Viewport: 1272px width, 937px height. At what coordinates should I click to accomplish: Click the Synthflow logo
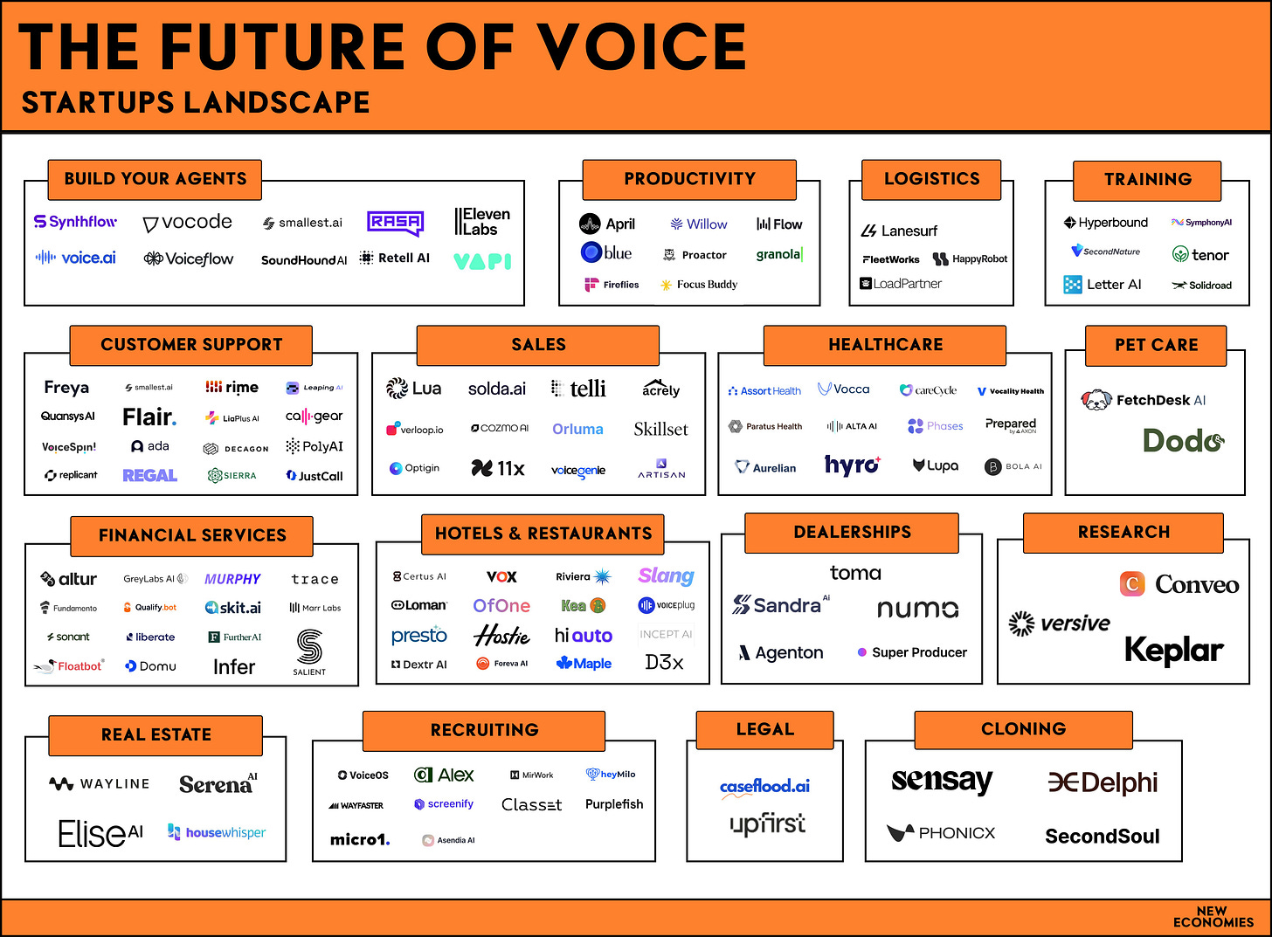click(75, 222)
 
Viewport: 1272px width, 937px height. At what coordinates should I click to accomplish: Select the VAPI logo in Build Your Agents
click(482, 260)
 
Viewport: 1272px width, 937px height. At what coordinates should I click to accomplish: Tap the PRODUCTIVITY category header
click(689, 179)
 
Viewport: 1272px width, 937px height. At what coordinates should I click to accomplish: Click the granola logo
click(779, 254)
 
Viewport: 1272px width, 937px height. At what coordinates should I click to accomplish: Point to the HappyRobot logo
click(970, 259)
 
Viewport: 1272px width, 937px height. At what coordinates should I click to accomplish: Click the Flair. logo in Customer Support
click(149, 417)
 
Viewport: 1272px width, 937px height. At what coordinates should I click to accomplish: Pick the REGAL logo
click(149, 476)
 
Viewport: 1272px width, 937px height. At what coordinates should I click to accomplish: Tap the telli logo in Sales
click(578, 389)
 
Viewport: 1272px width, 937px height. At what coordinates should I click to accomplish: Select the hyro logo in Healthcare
click(853, 465)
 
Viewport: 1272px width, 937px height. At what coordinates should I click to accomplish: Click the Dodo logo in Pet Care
click(1183, 440)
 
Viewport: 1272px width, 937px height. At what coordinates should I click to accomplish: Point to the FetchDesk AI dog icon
click(1096, 400)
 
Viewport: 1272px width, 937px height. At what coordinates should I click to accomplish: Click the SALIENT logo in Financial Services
click(309, 652)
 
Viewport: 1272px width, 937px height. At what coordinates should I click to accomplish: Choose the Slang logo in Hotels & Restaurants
click(666, 576)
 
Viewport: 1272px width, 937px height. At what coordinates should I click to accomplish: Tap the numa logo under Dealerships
click(917, 609)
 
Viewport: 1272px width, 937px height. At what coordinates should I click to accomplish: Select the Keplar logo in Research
click(1173, 651)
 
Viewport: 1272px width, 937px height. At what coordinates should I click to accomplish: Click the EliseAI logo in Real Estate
click(100, 834)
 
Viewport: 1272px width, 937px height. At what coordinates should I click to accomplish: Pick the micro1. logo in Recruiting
click(360, 840)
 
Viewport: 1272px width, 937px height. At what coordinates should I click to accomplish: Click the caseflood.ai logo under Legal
click(764, 787)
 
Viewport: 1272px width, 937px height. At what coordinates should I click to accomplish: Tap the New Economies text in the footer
click(1213, 917)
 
